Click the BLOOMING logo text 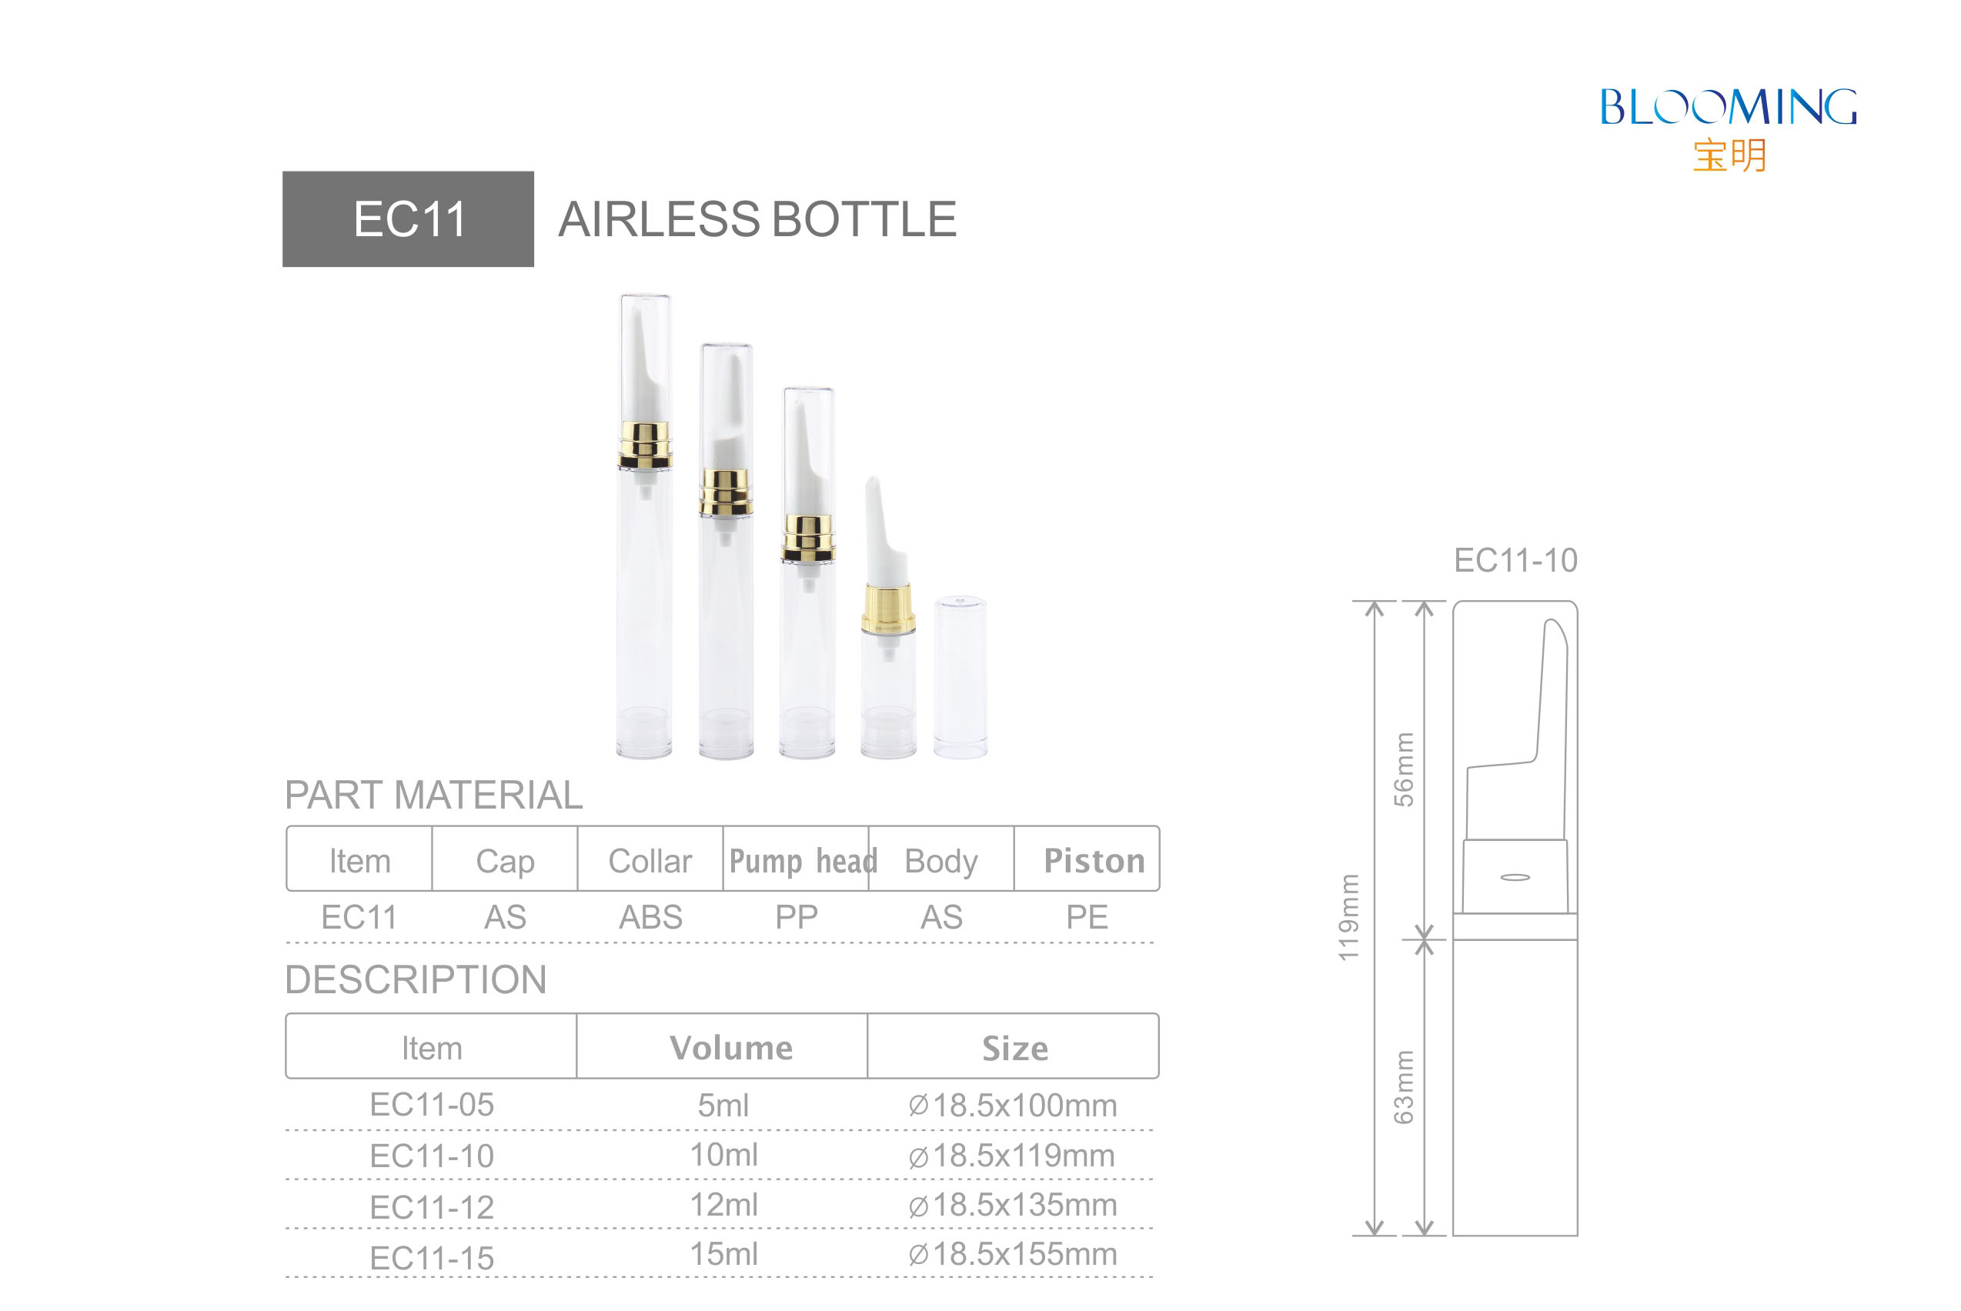point(1728,107)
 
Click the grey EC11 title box point(408,219)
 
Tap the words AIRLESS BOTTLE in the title point(757,219)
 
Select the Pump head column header point(803,860)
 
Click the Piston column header point(1094,860)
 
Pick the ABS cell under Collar point(650,917)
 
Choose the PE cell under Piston point(1086,917)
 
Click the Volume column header point(731,1048)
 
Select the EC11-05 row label point(432,1105)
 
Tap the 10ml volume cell point(723,1155)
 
